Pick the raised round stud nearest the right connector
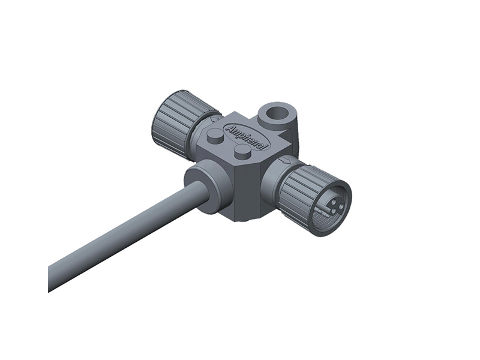pos(242,152)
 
